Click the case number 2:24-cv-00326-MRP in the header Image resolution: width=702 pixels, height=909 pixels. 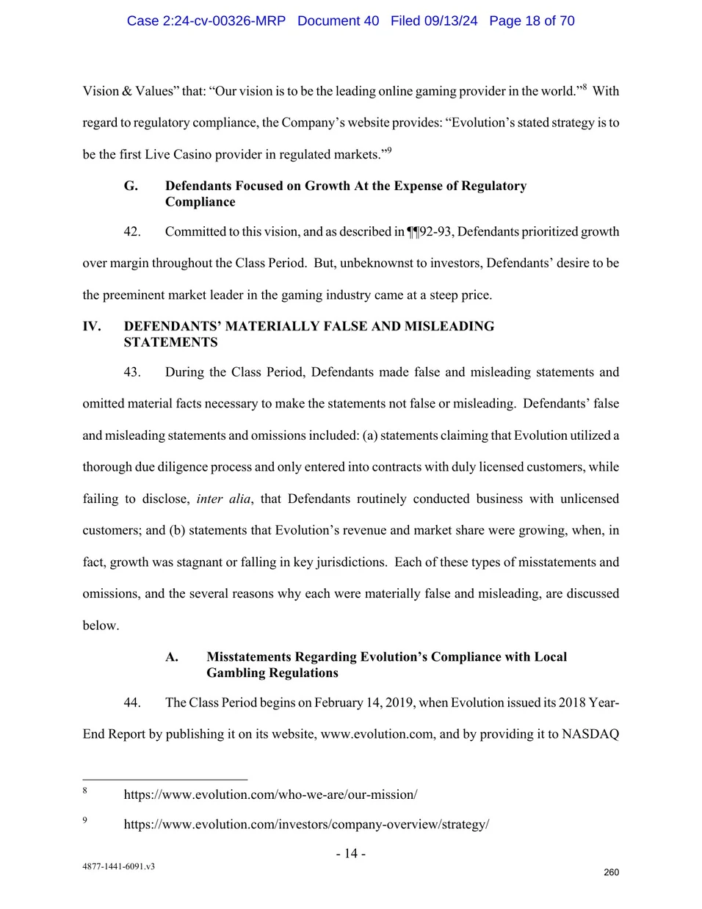click(x=206, y=21)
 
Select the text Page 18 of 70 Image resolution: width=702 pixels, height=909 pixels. click(x=532, y=21)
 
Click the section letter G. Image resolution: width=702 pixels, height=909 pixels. click(x=131, y=186)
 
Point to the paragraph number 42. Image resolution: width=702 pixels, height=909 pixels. click(x=132, y=231)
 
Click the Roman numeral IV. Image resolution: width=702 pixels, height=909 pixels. click(x=92, y=326)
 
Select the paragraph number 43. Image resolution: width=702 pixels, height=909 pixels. click(x=132, y=372)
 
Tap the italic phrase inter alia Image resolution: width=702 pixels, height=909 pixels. click(x=223, y=499)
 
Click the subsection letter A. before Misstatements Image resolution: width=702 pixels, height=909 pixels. click(x=172, y=656)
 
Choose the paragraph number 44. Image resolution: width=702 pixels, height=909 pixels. click(x=132, y=702)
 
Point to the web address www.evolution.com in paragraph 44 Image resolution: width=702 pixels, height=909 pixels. click(x=377, y=734)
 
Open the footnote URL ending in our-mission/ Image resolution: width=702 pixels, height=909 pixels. click(x=270, y=794)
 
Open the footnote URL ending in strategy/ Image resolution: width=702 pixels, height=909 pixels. click(x=306, y=824)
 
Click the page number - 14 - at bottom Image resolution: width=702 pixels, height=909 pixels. click(x=351, y=853)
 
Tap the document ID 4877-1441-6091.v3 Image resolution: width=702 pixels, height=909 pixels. click(x=118, y=866)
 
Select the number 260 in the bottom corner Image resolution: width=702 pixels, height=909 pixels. click(x=611, y=872)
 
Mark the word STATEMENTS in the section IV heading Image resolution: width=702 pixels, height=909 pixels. click(x=170, y=342)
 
